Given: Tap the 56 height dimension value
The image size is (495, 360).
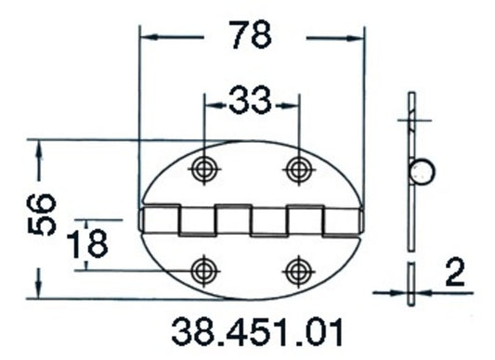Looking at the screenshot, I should click(43, 216).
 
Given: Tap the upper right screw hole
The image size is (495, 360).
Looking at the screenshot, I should click(297, 169).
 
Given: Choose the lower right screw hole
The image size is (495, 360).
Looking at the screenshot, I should click(297, 270).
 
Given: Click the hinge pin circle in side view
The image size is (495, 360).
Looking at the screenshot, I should click(423, 173).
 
